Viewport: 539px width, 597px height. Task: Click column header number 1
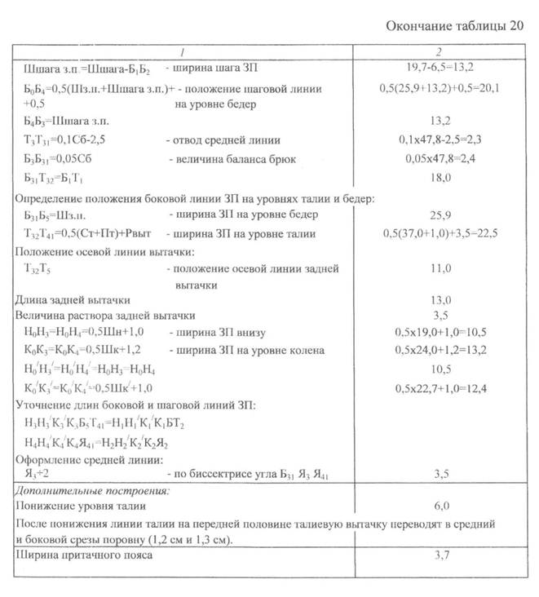(183, 51)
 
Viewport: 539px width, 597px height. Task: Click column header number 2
(440, 51)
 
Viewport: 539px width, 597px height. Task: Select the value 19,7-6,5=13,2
(440, 69)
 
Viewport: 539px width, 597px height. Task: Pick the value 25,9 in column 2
(440, 214)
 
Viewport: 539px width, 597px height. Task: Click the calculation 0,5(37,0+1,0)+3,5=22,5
(440, 233)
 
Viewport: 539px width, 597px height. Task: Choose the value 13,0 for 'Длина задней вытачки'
(440, 300)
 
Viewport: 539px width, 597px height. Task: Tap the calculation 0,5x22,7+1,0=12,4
(440, 387)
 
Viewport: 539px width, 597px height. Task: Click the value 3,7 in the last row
(440, 557)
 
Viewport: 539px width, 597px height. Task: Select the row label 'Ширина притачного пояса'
(83, 557)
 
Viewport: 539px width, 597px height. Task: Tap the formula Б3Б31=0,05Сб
(59, 157)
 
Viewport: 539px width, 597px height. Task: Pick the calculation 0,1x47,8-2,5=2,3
(440, 139)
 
